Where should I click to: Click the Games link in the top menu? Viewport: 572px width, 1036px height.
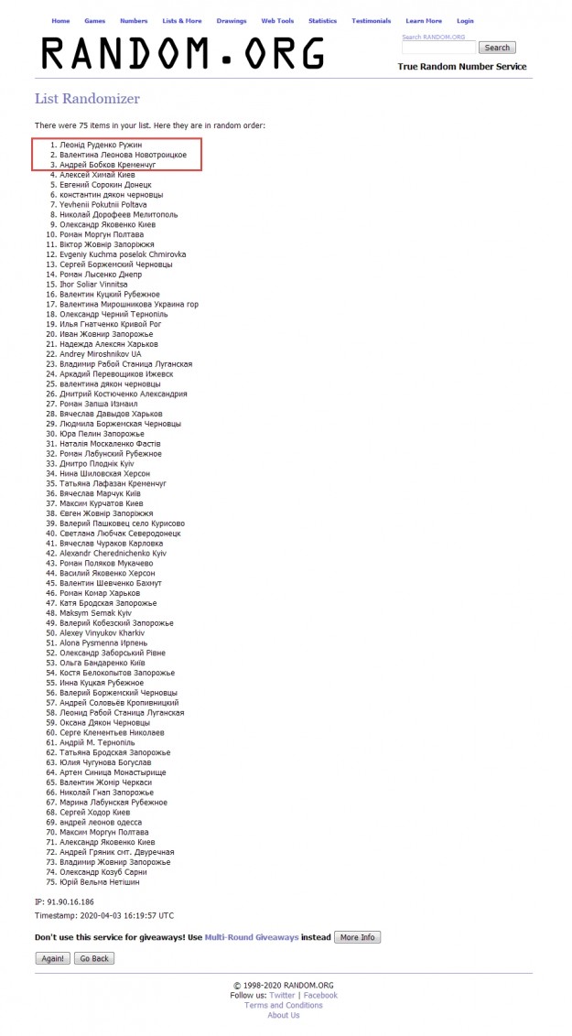(x=94, y=20)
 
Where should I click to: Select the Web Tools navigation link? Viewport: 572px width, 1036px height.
(x=276, y=20)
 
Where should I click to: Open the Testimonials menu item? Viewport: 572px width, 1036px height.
(x=372, y=20)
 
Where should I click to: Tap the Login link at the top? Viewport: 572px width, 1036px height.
(x=465, y=20)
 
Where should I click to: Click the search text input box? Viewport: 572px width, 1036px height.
(x=438, y=48)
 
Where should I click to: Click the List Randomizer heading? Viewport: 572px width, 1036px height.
(x=87, y=99)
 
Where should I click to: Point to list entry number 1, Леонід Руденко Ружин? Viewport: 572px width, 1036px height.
(x=101, y=146)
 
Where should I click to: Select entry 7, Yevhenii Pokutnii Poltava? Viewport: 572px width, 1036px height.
(x=103, y=205)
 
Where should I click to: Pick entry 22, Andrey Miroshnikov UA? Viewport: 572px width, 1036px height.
(x=101, y=353)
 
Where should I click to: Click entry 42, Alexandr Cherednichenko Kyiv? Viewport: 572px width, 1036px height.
(x=113, y=554)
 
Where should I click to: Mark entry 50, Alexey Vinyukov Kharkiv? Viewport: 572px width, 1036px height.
(x=103, y=632)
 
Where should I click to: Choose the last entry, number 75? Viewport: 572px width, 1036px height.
(x=100, y=882)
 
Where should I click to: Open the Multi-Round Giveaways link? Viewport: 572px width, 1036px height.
(x=252, y=938)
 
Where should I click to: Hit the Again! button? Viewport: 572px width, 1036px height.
(x=52, y=958)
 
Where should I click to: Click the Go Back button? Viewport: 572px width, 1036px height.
(x=94, y=958)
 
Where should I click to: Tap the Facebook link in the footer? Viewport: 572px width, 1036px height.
(x=320, y=995)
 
